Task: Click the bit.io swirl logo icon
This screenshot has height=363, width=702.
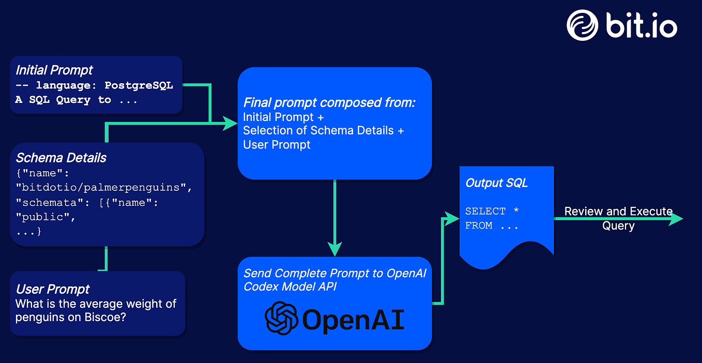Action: click(582, 25)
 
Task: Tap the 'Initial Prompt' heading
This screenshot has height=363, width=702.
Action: click(54, 70)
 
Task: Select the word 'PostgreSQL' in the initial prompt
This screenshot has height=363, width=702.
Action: click(139, 85)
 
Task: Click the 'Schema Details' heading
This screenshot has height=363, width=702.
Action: click(61, 158)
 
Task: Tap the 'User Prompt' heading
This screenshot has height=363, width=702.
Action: click(53, 289)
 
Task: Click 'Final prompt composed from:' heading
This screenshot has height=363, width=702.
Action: click(329, 102)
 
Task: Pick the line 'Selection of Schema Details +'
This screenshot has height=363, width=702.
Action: click(324, 130)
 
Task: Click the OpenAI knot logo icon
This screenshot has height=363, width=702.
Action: click(281, 318)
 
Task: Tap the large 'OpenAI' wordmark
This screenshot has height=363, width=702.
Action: click(353, 320)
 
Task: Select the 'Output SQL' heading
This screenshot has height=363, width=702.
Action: click(496, 183)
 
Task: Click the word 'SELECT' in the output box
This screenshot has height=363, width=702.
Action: click(485, 211)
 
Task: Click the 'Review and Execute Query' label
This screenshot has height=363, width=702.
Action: click(618, 219)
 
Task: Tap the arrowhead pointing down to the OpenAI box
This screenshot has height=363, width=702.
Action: click(334, 249)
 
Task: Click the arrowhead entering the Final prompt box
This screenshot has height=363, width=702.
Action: click(230, 123)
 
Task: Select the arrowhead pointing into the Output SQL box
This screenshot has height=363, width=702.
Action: click(452, 219)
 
